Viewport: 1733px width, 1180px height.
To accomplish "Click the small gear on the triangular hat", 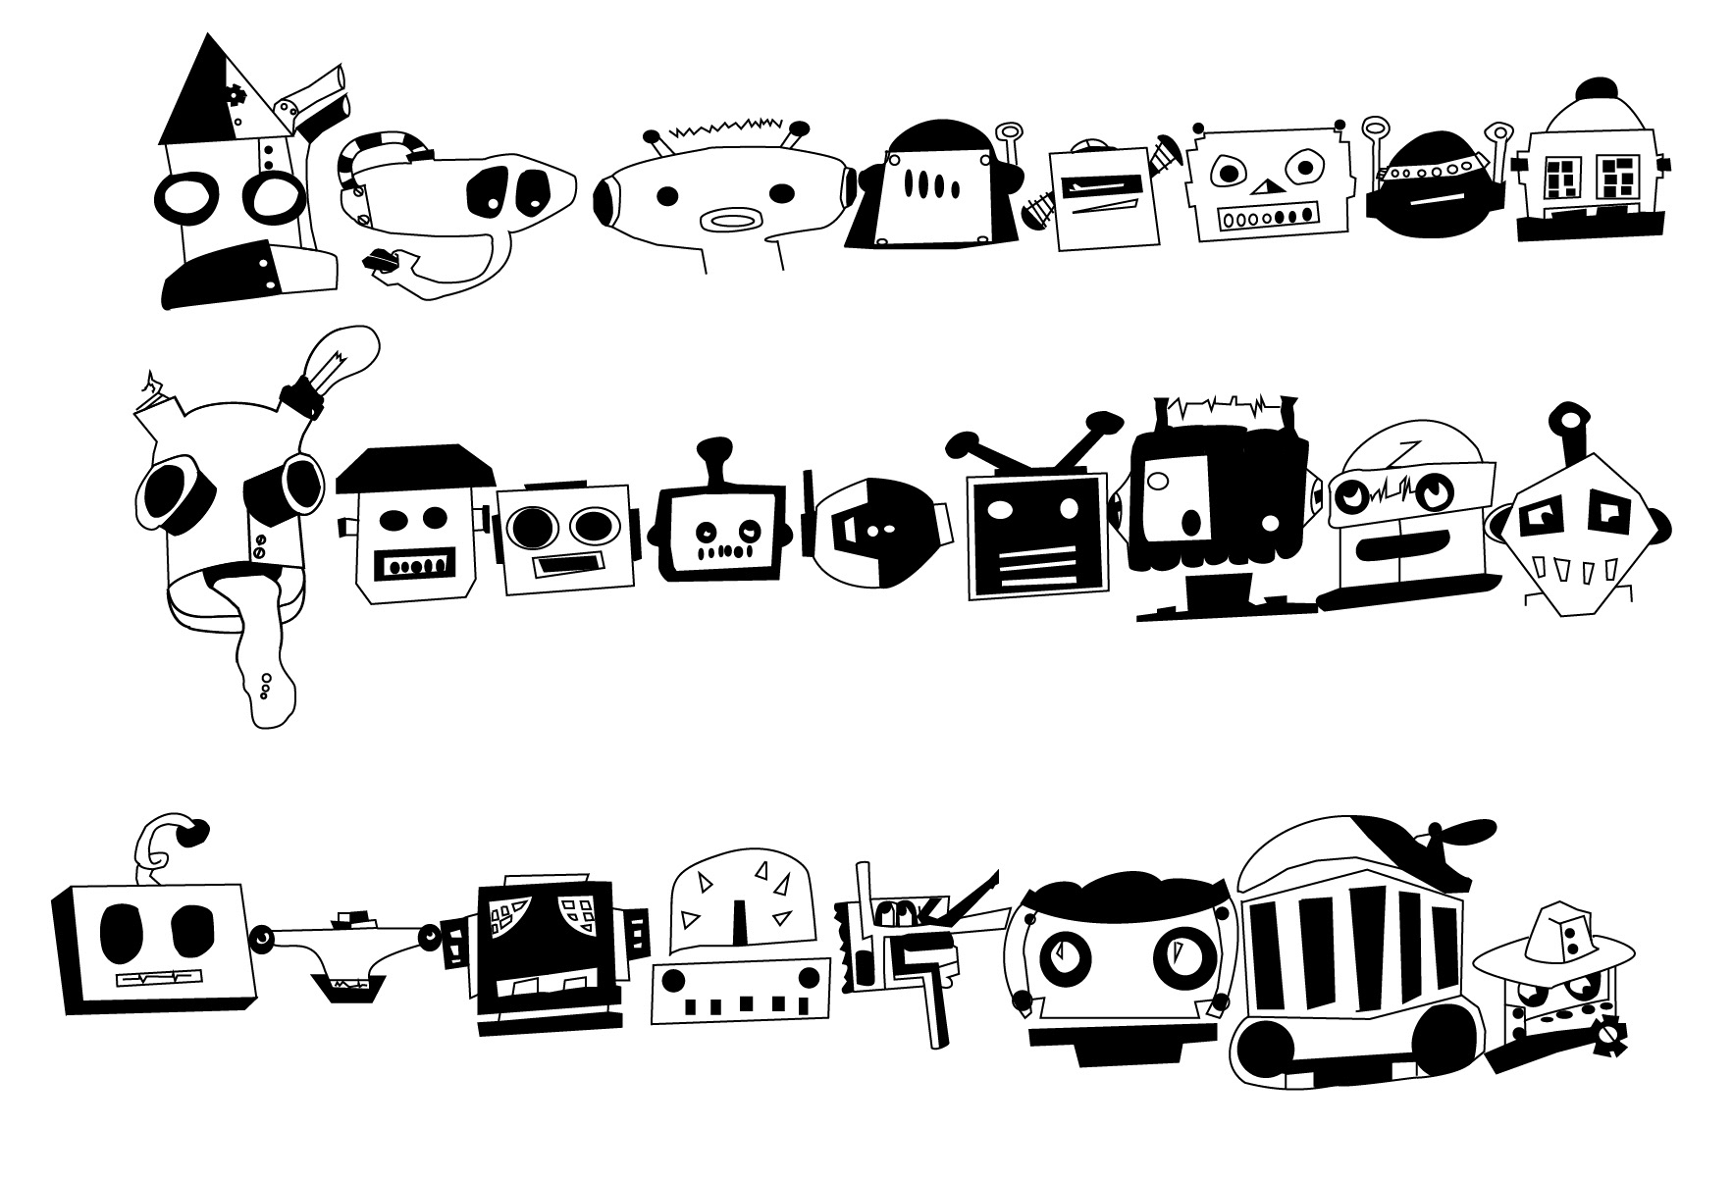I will (x=236, y=95).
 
